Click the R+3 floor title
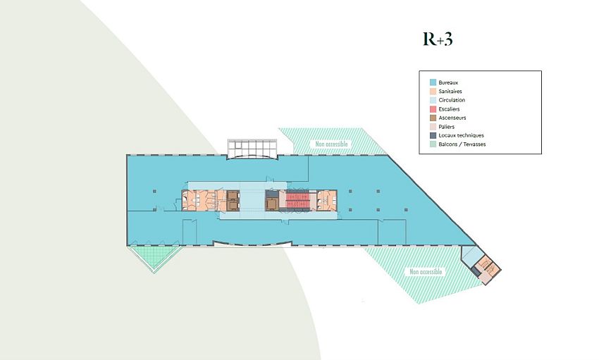(x=438, y=39)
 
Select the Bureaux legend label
(x=448, y=82)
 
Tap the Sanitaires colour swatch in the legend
(x=433, y=92)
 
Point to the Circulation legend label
(x=452, y=100)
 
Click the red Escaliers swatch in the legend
(x=433, y=108)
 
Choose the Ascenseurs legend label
(x=452, y=118)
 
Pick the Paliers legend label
(x=447, y=126)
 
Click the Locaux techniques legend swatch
(x=433, y=135)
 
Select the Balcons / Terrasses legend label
(x=462, y=144)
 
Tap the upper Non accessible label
(x=331, y=144)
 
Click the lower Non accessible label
(x=426, y=271)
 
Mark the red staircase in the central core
(x=297, y=200)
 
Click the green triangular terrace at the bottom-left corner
(x=153, y=256)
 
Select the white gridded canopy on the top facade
(x=252, y=149)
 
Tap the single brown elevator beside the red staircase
(x=271, y=204)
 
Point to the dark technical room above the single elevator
(x=271, y=194)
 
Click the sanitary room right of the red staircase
(x=326, y=200)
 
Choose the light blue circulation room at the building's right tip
(x=470, y=255)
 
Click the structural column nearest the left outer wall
(x=154, y=191)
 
